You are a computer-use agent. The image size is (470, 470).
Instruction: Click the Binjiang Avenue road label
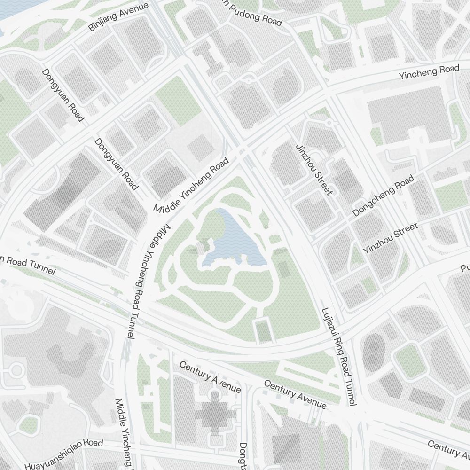click(x=118, y=17)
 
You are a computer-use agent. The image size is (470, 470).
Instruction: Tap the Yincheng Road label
click(x=429, y=72)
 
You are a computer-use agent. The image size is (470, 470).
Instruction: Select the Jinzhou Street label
click(x=314, y=169)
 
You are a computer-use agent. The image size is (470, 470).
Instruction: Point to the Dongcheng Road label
click(x=384, y=196)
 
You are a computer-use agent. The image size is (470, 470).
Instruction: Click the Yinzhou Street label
click(x=390, y=239)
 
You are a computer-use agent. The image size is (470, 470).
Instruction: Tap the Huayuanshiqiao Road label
click(x=63, y=455)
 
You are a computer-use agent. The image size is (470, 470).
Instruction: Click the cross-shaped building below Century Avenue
click(x=216, y=414)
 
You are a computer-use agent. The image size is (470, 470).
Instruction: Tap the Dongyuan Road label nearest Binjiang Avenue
click(x=63, y=95)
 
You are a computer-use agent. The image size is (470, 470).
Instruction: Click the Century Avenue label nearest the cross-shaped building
click(x=210, y=377)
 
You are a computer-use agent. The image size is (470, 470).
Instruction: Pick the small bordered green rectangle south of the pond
click(x=264, y=330)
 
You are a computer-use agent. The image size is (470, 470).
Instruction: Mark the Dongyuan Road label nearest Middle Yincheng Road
click(x=117, y=164)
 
